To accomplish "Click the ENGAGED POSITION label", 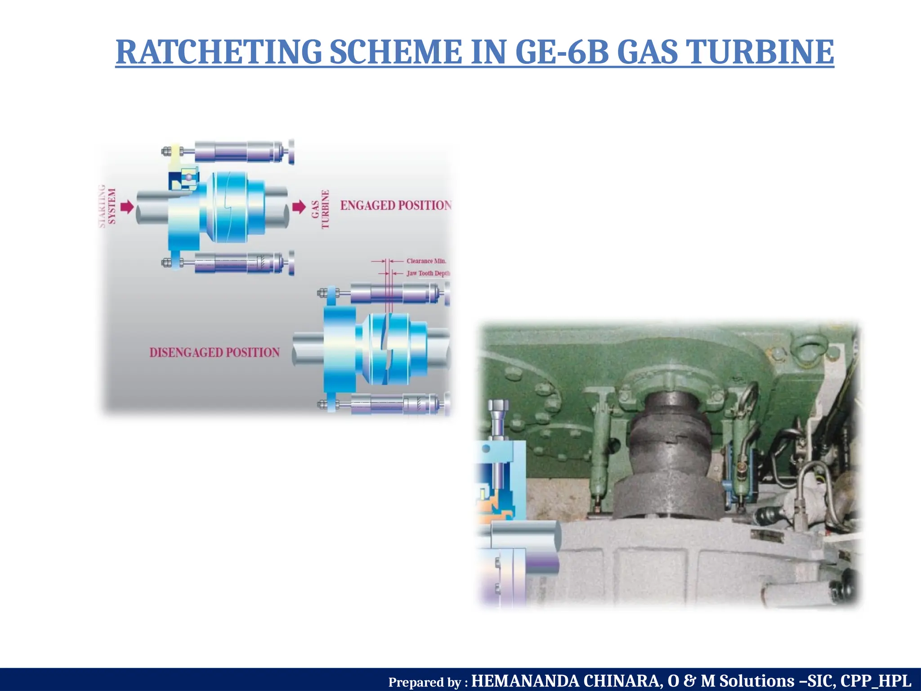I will click(395, 206).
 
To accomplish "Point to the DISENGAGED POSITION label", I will click(215, 352).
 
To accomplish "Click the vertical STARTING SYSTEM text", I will click(107, 206).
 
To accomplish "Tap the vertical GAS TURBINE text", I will click(321, 209).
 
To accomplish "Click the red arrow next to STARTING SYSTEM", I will click(128, 207).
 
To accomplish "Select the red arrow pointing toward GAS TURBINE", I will click(299, 207).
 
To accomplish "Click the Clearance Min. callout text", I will click(426, 261).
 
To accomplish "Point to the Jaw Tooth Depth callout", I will click(428, 273).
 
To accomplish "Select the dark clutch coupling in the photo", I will click(669, 459).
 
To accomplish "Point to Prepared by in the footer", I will click(427, 682).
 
